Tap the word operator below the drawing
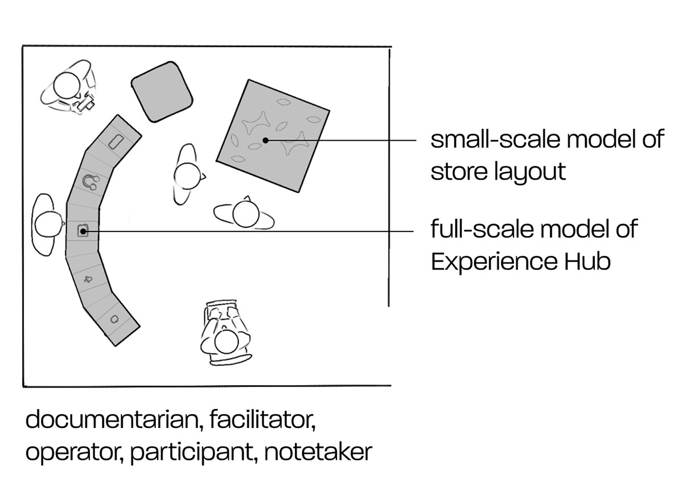tap(73, 452)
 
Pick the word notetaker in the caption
tap(319, 452)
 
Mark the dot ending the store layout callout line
tap(265, 140)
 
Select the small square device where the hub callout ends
tap(83, 231)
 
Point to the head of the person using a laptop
tap(227, 342)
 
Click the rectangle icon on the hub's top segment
tap(116, 141)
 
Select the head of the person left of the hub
tap(48, 224)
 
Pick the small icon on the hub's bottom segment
tap(114, 319)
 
